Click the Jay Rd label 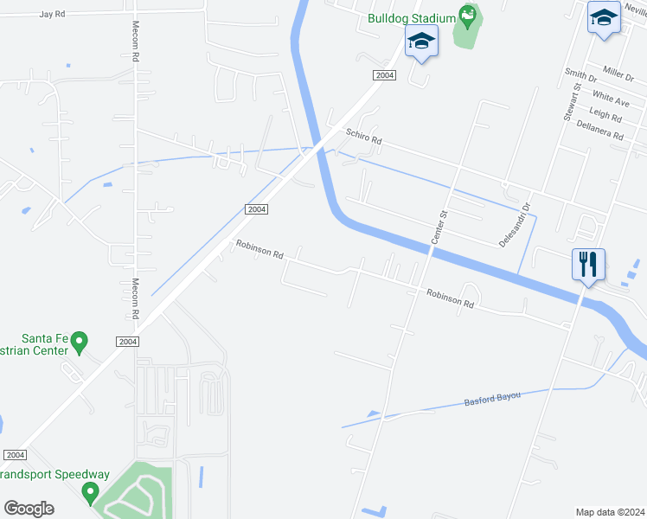pyautogui.click(x=52, y=15)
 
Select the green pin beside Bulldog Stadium pyautogui.click(x=468, y=15)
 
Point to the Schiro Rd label pyautogui.click(x=363, y=137)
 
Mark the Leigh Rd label pyautogui.click(x=605, y=116)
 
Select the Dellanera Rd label pyautogui.click(x=600, y=131)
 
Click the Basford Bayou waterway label pyautogui.click(x=492, y=397)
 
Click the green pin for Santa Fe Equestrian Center pyautogui.click(x=79, y=342)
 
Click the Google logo pyautogui.click(x=29, y=508)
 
